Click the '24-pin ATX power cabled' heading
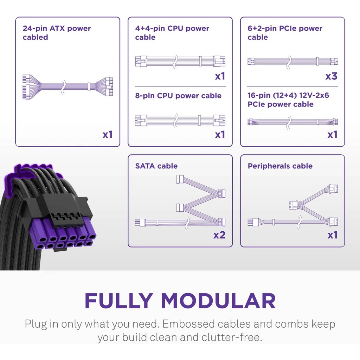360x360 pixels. click(x=57, y=33)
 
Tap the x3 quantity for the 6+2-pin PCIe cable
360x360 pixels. click(x=331, y=76)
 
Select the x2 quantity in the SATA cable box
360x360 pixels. click(x=219, y=235)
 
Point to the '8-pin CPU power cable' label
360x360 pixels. click(x=178, y=96)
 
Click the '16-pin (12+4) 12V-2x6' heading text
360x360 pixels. click(x=288, y=95)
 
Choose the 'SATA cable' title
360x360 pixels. click(x=156, y=166)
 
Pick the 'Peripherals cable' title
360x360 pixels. click(x=280, y=166)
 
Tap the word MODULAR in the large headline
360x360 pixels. click(x=218, y=301)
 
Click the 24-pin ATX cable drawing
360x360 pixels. click(x=67, y=87)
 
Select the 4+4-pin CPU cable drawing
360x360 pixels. click(x=180, y=61)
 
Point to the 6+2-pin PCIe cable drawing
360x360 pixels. click(x=292, y=62)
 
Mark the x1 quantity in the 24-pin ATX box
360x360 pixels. click(x=108, y=135)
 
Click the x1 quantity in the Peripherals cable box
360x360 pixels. click(x=333, y=235)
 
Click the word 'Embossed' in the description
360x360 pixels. click(x=188, y=324)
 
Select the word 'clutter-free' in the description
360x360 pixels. click(x=232, y=337)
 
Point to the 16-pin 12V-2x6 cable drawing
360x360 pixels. click(x=292, y=122)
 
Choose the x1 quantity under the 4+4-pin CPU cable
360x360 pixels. click(x=220, y=76)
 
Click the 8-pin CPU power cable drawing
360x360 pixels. click(x=180, y=120)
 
